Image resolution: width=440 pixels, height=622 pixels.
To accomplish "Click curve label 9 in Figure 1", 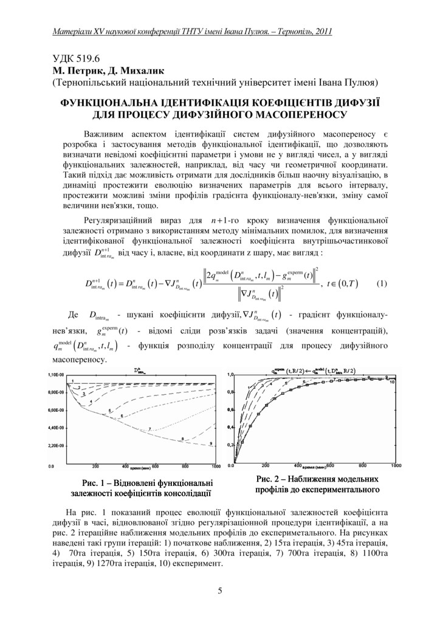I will pyautogui.click(x=211, y=444).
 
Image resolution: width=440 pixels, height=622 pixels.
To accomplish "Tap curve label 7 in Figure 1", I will pyautogui.click(x=149, y=430).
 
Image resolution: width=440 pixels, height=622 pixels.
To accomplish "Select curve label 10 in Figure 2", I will pyautogui.click(x=393, y=383).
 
